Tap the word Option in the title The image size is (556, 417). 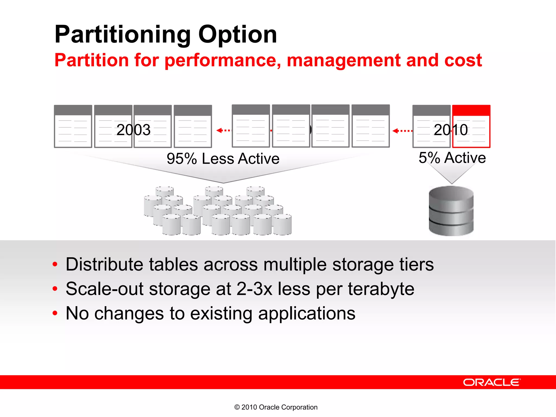pyautogui.click(x=238, y=35)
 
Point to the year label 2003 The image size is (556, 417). pyautogui.click(x=133, y=130)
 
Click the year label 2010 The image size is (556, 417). pyautogui.click(x=451, y=130)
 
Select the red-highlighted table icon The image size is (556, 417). pyautogui.click(x=471, y=127)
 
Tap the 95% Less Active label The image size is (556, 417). pyautogui.click(x=223, y=159)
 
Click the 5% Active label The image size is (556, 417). pyautogui.click(x=452, y=158)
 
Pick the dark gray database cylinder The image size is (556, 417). pyautogui.click(x=451, y=211)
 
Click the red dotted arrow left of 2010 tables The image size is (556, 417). pyautogui.click(x=402, y=131)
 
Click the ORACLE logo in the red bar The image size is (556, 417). pyautogui.click(x=492, y=382)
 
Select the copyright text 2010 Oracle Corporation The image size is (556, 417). pyautogui.click(x=276, y=407)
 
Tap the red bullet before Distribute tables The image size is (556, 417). pyautogui.click(x=55, y=264)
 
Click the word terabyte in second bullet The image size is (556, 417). pyautogui.click(x=381, y=289)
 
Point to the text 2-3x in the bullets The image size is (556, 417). pyautogui.click(x=254, y=289)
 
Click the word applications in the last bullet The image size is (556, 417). pyautogui.click(x=307, y=313)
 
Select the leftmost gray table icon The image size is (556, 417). pyautogui.click(x=73, y=127)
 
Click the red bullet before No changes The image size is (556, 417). pyautogui.click(x=55, y=313)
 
